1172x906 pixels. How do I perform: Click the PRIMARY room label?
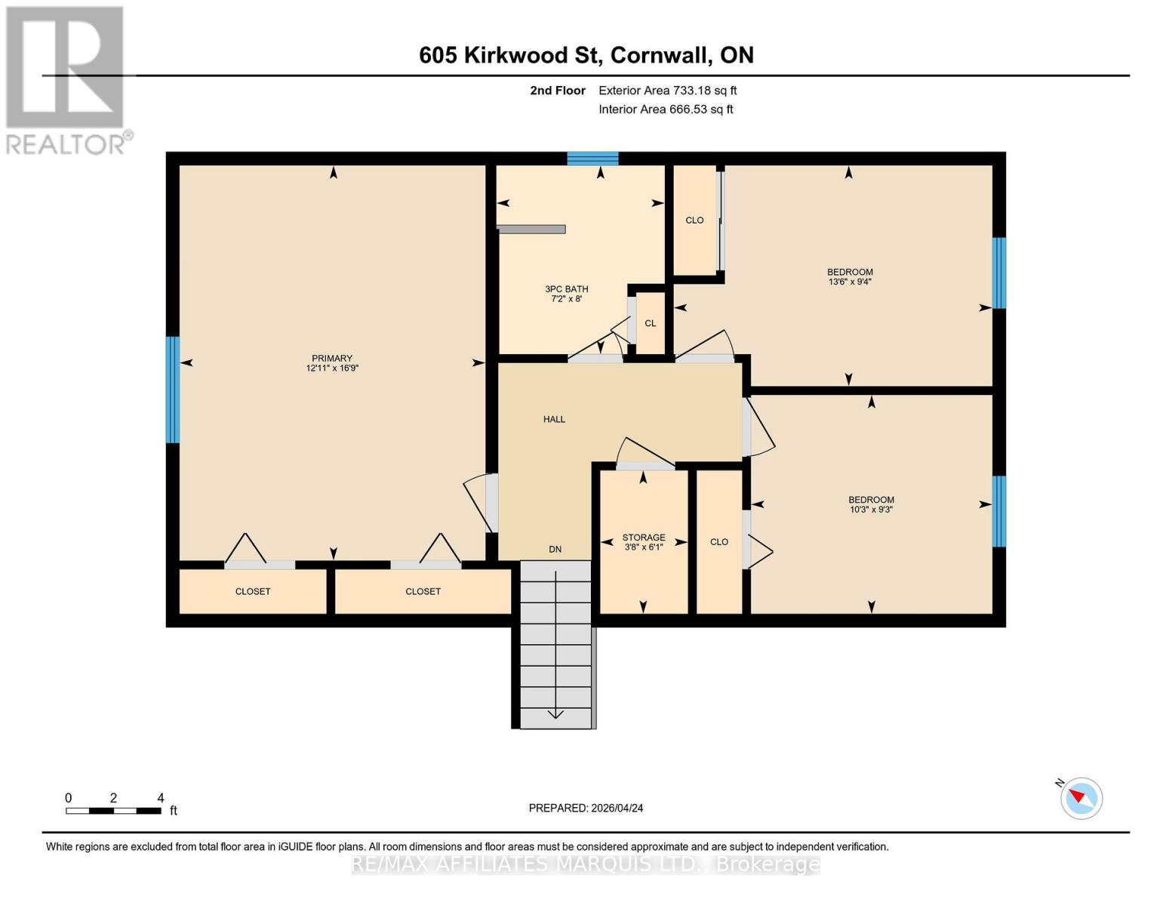(331, 359)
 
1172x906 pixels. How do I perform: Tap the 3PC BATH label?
(566, 289)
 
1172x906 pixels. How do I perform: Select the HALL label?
(554, 419)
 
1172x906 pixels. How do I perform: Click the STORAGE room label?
(643, 538)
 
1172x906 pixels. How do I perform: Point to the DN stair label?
(555, 550)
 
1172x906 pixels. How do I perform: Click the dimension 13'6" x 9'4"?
(850, 282)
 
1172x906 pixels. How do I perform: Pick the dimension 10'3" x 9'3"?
(871, 510)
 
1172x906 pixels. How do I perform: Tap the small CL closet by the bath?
(650, 323)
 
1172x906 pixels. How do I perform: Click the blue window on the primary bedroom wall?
(173, 390)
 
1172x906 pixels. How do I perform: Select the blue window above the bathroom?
(592, 159)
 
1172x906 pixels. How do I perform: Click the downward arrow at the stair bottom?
(555, 713)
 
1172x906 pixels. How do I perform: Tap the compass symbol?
(1081, 797)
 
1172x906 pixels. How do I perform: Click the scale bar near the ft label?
(113, 811)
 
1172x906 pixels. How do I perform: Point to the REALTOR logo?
(66, 80)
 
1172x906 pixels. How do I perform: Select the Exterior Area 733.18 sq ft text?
(667, 91)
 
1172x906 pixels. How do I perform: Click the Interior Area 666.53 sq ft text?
(666, 109)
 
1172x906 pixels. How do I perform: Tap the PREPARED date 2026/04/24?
(586, 808)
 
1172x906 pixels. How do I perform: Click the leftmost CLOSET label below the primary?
(253, 591)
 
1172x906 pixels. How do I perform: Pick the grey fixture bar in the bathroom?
(531, 230)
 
